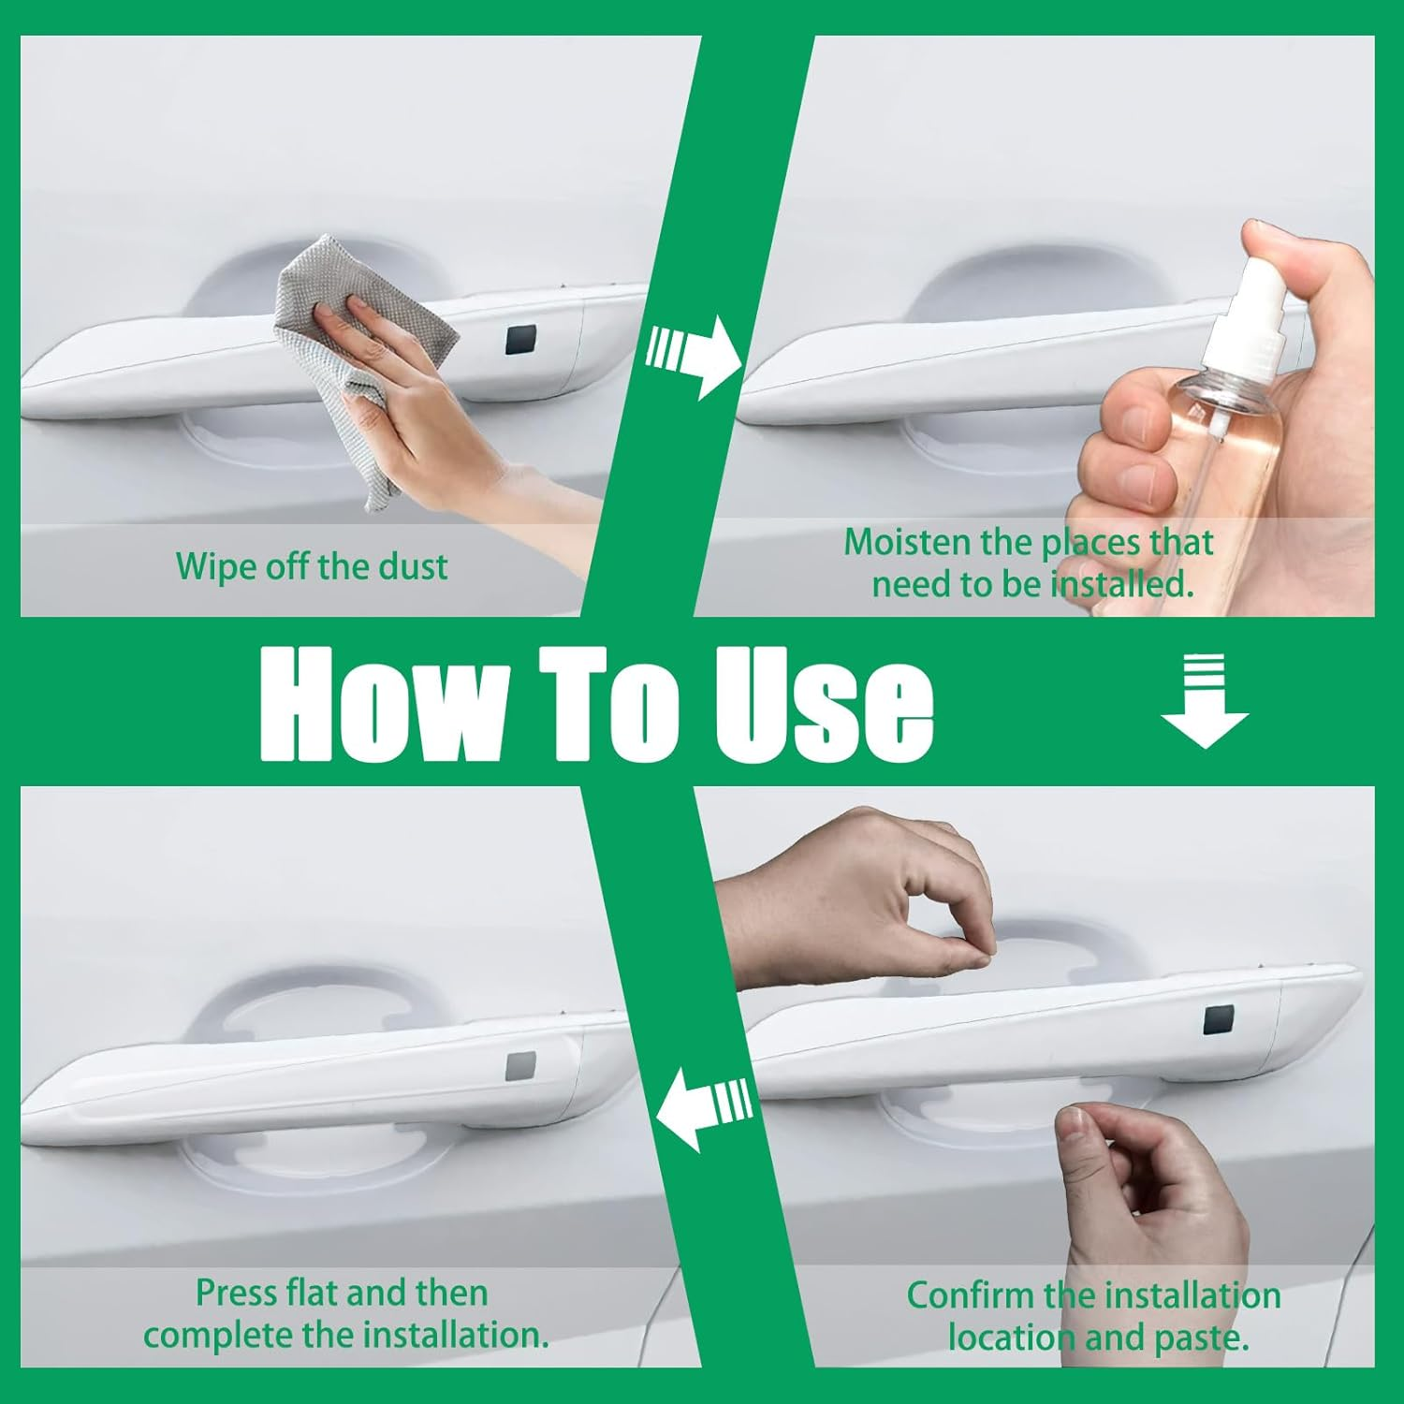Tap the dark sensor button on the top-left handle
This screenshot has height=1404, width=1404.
(x=521, y=340)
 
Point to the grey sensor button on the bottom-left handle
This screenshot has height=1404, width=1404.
(x=520, y=1065)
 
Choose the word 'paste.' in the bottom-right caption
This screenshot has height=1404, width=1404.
(x=1202, y=1338)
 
